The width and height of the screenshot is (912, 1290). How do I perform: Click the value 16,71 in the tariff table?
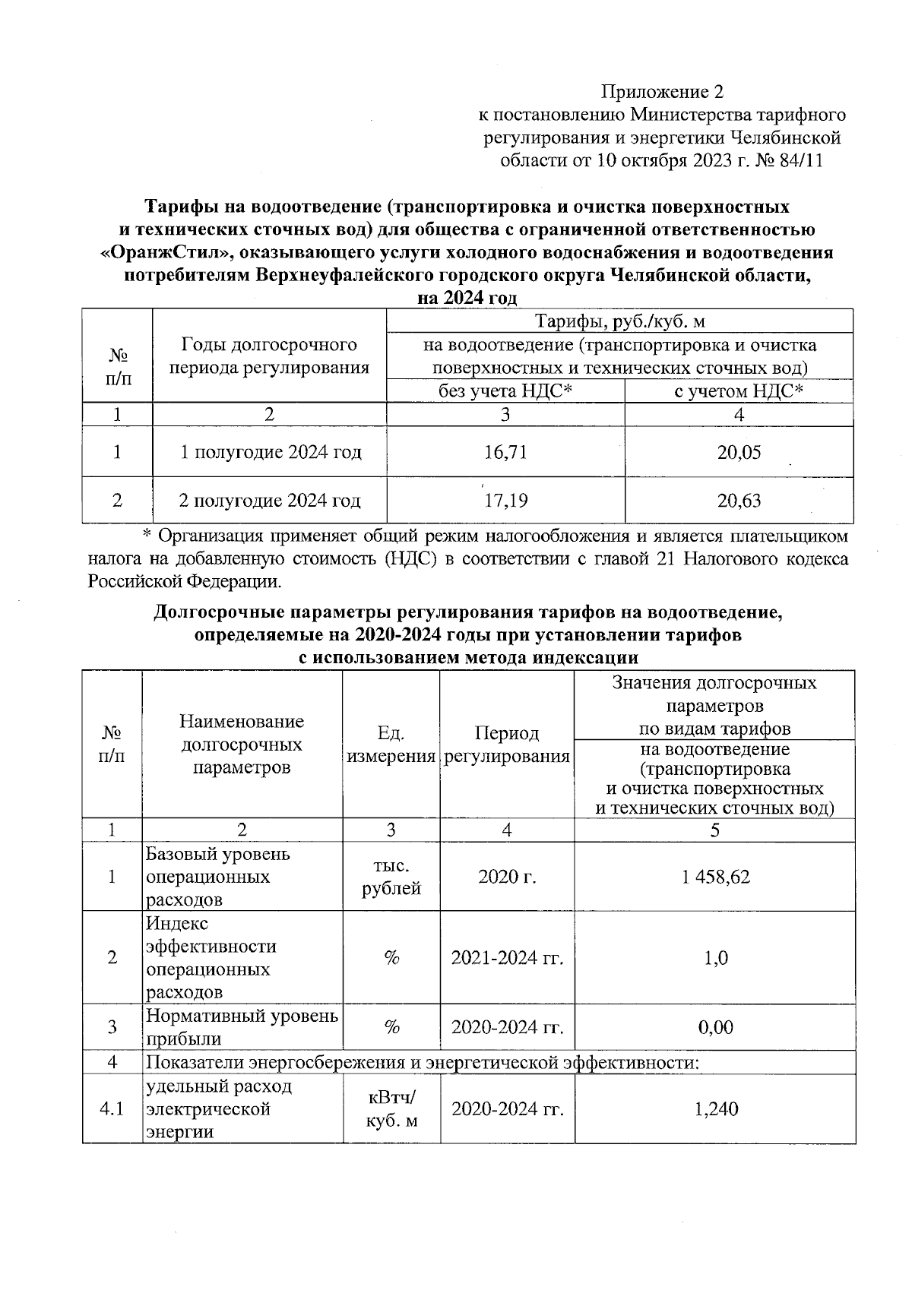[505, 453]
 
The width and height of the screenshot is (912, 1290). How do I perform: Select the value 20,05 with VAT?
[739, 453]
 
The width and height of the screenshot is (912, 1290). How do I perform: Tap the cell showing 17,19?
[505, 501]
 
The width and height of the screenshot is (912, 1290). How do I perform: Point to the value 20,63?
[739, 501]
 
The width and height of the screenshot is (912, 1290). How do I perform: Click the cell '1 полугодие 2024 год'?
[270, 453]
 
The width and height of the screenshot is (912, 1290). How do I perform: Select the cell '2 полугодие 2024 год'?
[270, 501]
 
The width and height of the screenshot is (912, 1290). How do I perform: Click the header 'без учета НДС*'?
[505, 391]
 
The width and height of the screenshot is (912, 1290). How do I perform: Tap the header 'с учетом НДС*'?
[739, 391]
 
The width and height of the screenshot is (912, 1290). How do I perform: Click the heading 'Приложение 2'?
[663, 93]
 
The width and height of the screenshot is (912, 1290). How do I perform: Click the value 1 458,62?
[715, 877]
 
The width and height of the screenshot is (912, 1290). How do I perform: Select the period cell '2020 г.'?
[507, 877]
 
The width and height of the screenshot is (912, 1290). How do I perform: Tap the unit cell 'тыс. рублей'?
[391, 877]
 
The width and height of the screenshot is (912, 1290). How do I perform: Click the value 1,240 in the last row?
[715, 1109]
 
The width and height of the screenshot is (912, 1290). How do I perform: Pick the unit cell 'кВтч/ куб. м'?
[391, 1109]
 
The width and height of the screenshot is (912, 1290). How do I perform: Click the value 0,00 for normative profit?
[715, 1028]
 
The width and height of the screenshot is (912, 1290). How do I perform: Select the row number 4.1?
[112, 1109]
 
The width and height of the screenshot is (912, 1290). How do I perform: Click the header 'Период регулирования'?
[507, 745]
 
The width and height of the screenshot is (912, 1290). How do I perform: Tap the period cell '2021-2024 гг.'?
[507, 958]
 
